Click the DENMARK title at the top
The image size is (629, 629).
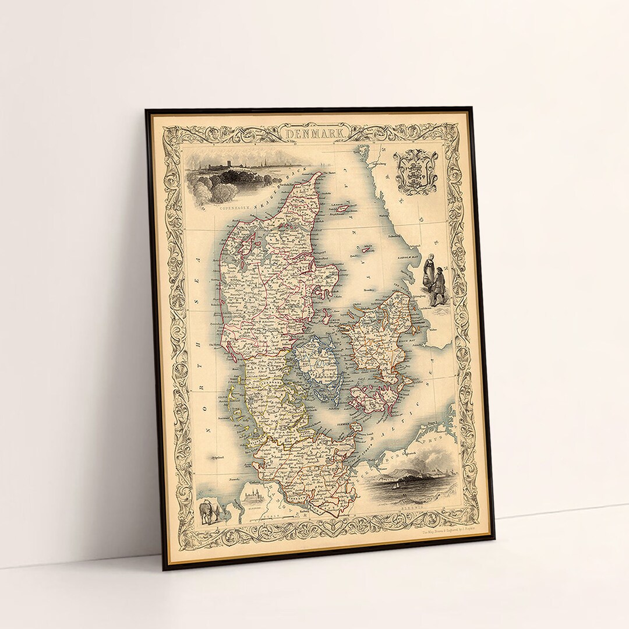pyautogui.click(x=314, y=134)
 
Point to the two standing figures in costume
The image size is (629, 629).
pyautogui.click(x=434, y=280)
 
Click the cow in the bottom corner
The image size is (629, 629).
pyautogui.click(x=208, y=512)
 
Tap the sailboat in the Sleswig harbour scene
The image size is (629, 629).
pyautogui.click(x=397, y=482)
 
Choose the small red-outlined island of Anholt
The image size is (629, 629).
pyautogui.click(x=367, y=249)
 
